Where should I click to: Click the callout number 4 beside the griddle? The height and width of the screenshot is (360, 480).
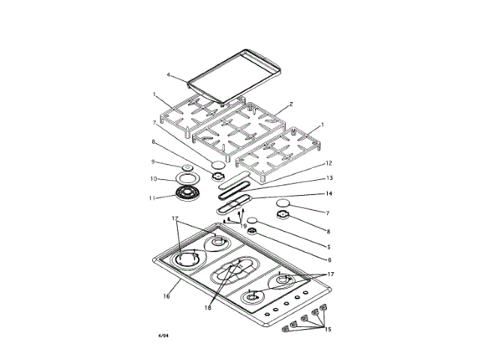coord(169,75)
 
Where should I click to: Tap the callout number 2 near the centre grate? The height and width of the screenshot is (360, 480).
coord(290,103)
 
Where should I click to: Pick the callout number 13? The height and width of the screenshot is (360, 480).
coord(328,178)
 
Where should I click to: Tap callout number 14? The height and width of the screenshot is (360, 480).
coord(328,193)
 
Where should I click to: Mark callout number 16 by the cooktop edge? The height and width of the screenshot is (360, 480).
coord(166,295)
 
